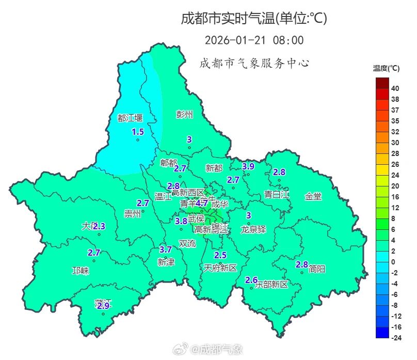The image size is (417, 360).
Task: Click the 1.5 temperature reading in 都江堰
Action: click(x=138, y=132)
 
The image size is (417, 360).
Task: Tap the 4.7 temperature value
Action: click(x=202, y=203)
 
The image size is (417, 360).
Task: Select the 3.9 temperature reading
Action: click(x=248, y=166)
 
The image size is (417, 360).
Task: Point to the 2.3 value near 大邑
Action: click(x=100, y=226)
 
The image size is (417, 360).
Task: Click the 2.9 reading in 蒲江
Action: click(x=103, y=306)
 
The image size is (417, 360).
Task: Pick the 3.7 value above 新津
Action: click(x=166, y=249)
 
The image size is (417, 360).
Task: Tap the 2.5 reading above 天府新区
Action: click(x=220, y=255)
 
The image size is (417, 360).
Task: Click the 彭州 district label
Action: click(x=184, y=114)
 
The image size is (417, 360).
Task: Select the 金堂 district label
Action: click(x=313, y=196)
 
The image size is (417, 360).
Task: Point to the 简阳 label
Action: click(x=317, y=269)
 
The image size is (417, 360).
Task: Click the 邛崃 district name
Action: click(x=81, y=271)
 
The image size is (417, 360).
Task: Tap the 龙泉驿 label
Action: click(x=253, y=229)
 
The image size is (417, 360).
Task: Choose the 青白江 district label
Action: click(x=277, y=195)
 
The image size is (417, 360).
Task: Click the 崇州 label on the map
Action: click(x=133, y=213)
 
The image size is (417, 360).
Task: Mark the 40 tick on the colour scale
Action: click(x=395, y=88)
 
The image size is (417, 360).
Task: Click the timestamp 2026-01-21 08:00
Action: click(x=254, y=40)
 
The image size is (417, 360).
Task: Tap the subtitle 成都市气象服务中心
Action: click(x=254, y=64)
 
